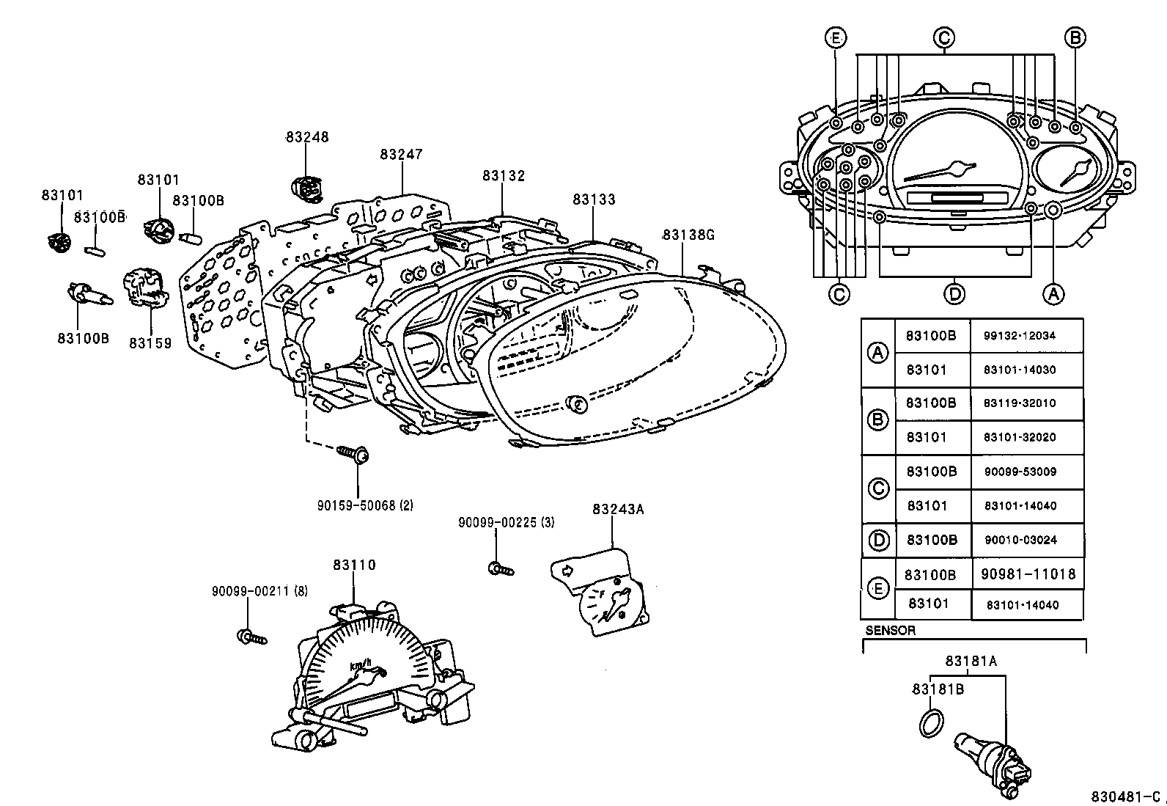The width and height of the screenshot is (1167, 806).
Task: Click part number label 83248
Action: (307, 137)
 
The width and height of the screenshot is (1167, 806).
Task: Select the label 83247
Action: (401, 155)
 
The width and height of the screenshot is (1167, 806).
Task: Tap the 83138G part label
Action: (688, 235)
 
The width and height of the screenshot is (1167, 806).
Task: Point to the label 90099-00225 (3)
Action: (506, 522)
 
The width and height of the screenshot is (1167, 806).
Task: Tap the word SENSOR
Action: (890, 630)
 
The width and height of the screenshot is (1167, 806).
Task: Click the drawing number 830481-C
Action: (1125, 796)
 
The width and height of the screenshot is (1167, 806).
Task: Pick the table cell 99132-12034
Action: (1025, 335)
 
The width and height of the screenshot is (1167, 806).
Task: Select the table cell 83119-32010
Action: (1025, 403)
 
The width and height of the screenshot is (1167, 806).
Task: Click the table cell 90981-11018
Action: (1028, 574)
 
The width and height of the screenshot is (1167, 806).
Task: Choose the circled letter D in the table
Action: (878, 540)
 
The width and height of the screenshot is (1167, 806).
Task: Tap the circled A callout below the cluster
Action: (1053, 294)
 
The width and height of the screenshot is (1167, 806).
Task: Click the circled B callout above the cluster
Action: (1074, 37)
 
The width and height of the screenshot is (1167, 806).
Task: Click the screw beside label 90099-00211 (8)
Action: (251, 637)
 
